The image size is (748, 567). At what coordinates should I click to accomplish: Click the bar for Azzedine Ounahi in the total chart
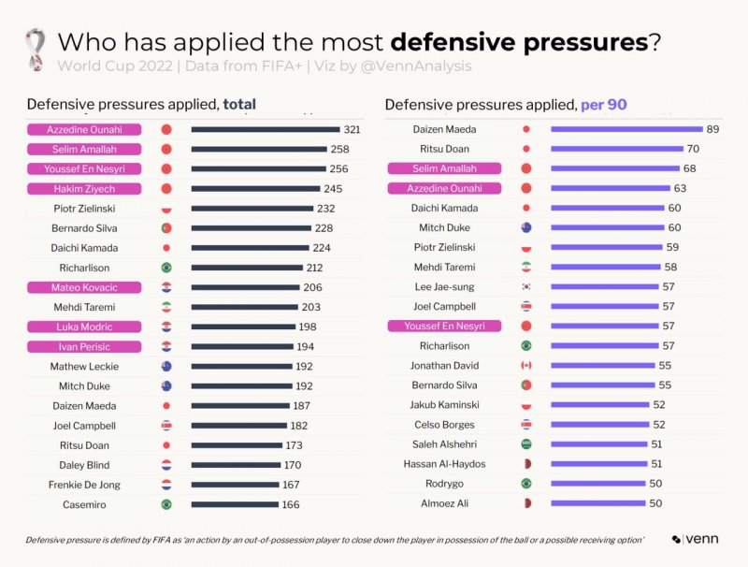pos(266,130)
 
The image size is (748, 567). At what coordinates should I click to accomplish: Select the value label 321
pos(352,130)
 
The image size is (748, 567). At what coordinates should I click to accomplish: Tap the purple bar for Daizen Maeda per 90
pos(626,129)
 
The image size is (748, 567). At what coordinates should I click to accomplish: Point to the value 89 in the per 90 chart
pos(713,129)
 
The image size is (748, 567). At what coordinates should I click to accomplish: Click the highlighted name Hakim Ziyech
pos(84,189)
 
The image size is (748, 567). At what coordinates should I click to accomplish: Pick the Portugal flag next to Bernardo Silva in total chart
pos(166,228)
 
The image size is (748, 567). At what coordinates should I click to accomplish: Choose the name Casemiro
pos(84,504)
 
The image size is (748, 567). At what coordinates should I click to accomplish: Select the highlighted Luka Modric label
pos(84,327)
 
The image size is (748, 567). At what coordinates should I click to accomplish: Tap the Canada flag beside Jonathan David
pos(525,365)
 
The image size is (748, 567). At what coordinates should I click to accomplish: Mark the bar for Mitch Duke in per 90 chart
pos(613,227)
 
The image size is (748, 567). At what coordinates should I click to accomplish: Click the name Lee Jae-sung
pos(444,286)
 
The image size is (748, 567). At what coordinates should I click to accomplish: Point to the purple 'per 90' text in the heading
pos(603,105)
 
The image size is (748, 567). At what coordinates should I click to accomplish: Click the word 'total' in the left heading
pos(238,105)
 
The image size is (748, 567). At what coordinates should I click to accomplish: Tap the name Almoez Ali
pos(444,503)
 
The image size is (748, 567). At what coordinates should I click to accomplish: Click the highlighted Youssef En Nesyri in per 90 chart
pos(444,326)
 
